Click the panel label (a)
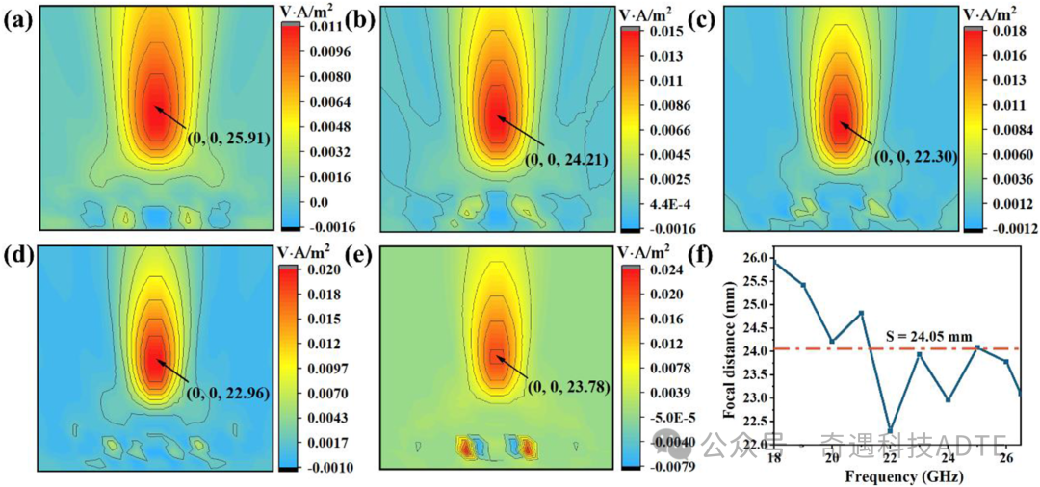click(x=21, y=18)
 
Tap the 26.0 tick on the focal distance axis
click(x=757, y=258)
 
